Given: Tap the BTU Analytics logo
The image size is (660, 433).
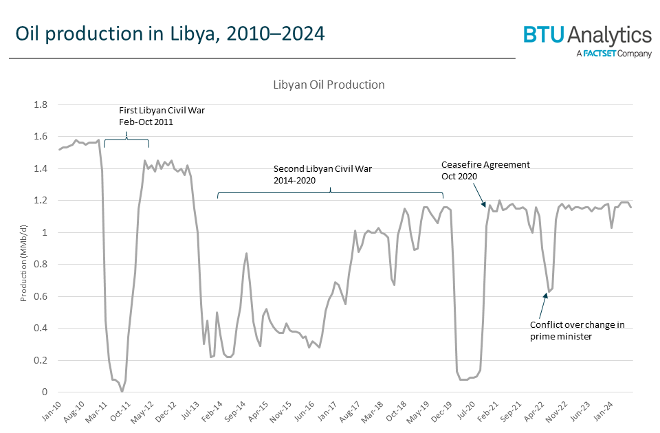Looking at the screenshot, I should pyautogui.click(x=587, y=35).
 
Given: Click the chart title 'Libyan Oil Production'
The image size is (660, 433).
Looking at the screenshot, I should pyautogui.click(x=329, y=85).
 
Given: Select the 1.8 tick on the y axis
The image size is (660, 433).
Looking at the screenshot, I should pyautogui.click(x=41, y=105).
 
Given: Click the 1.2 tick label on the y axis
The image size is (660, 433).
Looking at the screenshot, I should pyautogui.click(x=41, y=201).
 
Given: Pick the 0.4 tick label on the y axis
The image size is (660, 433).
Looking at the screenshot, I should pyautogui.click(x=41, y=329).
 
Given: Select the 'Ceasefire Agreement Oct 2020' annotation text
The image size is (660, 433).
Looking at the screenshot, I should pyautogui.click(x=485, y=170).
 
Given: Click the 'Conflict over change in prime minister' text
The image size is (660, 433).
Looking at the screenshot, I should pyautogui.click(x=577, y=330).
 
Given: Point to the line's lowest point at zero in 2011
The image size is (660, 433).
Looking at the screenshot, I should pyautogui.click(x=122, y=391).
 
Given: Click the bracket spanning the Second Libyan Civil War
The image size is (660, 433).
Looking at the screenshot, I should pyautogui.click(x=331, y=194).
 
